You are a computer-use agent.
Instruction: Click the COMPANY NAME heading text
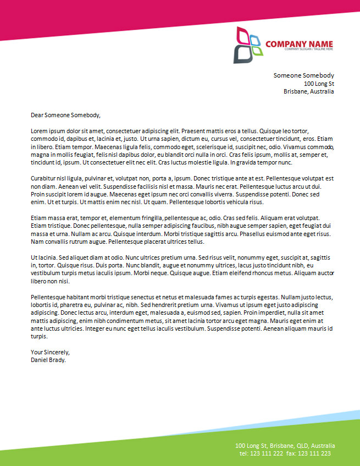point(299,43)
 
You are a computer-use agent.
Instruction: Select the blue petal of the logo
point(256,40)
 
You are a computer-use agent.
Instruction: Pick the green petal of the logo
point(257,51)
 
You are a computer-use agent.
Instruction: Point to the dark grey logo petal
point(241,53)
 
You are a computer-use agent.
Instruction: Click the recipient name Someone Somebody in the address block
point(303,75)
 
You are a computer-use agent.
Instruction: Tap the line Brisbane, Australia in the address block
point(308,91)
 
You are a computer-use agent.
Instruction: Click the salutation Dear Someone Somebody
point(65,115)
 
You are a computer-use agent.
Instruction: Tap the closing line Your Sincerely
point(50,352)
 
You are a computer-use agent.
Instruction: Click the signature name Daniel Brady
point(48,360)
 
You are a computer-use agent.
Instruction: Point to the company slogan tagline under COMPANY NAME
point(308,50)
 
